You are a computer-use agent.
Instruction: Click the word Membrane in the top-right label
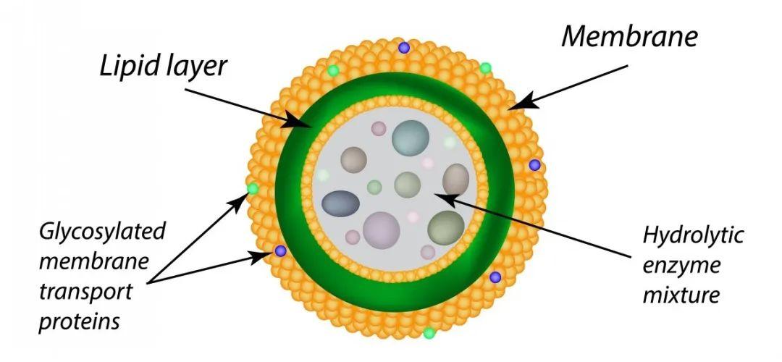pos(629,36)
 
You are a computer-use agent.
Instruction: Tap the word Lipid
pos(129,66)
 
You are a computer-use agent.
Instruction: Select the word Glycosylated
pos(102,233)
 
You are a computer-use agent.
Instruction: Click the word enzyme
pos(681,266)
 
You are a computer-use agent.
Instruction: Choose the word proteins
pos(80,322)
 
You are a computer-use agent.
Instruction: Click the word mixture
pos(681,294)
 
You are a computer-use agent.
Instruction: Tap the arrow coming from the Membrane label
pos(568,87)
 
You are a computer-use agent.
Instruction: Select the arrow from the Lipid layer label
pos(240,108)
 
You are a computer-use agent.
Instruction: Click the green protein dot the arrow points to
pos(253,188)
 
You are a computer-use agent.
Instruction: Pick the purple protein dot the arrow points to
pos(281,251)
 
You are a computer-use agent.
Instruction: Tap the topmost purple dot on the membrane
pos(404,47)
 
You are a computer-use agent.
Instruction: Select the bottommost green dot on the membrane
pos(429,332)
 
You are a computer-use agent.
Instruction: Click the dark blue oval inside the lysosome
pos(340,203)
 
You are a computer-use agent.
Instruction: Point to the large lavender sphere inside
pos(382,230)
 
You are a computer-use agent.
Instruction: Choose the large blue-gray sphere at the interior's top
pos(411,138)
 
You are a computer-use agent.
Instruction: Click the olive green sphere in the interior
pos(446,228)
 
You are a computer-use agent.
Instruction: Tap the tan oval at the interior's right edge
pos(456,180)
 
